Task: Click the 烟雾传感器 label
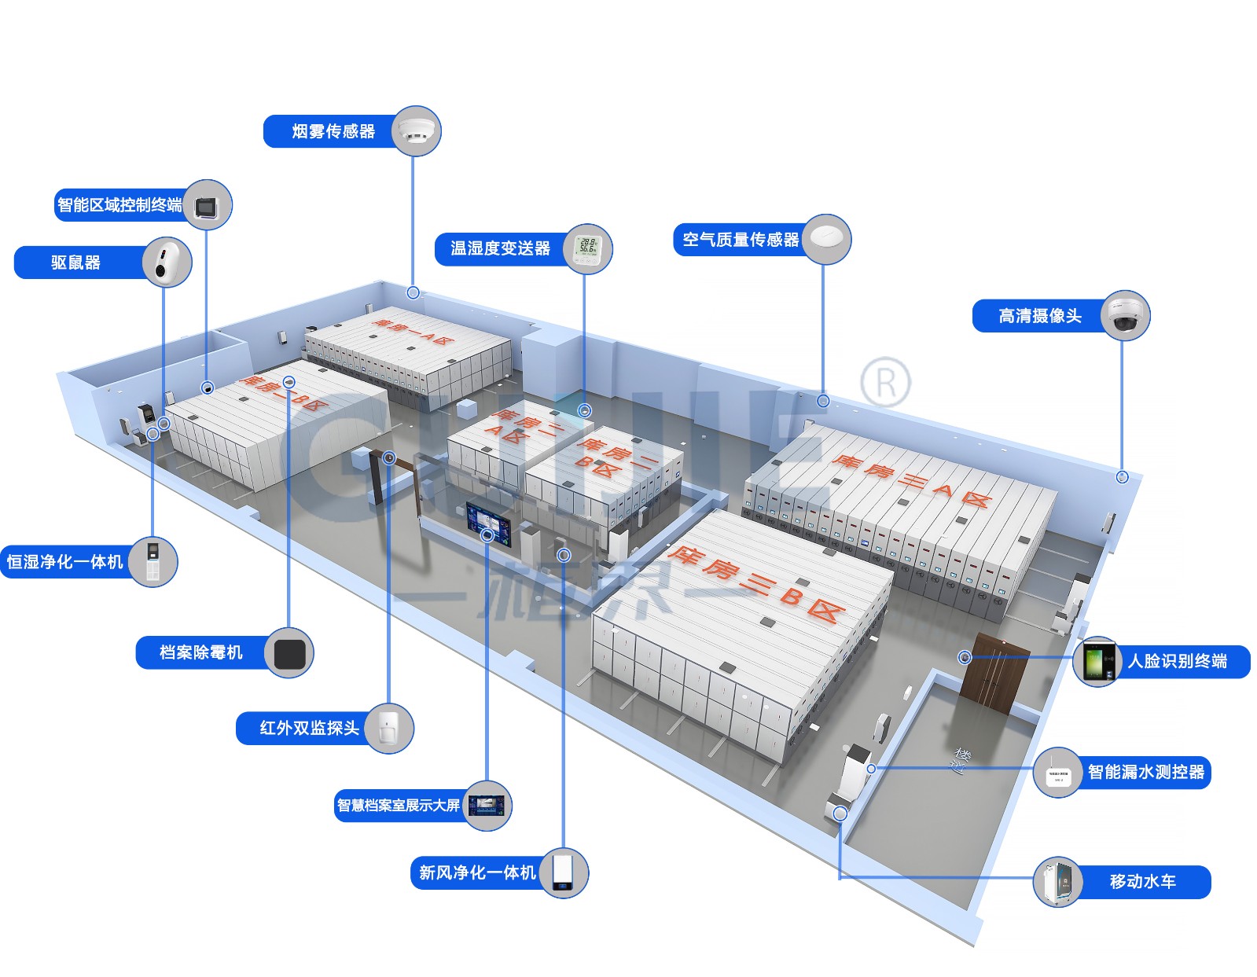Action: tap(333, 131)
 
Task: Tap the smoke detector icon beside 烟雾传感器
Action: tap(416, 130)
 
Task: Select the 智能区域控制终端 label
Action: tap(119, 205)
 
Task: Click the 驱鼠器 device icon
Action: tap(167, 262)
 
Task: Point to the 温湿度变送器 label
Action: tap(500, 248)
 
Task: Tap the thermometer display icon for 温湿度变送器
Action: tap(586, 248)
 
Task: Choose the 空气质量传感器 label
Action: tap(740, 240)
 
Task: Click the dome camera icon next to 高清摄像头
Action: tap(1125, 315)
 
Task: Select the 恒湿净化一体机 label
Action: tap(65, 561)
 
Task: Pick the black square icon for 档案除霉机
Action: tap(289, 652)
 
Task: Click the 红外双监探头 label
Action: tap(309, 728)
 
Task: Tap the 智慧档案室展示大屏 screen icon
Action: tap(487, 805)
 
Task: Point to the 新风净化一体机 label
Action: tap(477, 872)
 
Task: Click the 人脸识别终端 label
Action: tap(1177, 661)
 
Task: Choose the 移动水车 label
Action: tap(1142, 881)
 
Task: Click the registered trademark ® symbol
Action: tap(885, 383)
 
